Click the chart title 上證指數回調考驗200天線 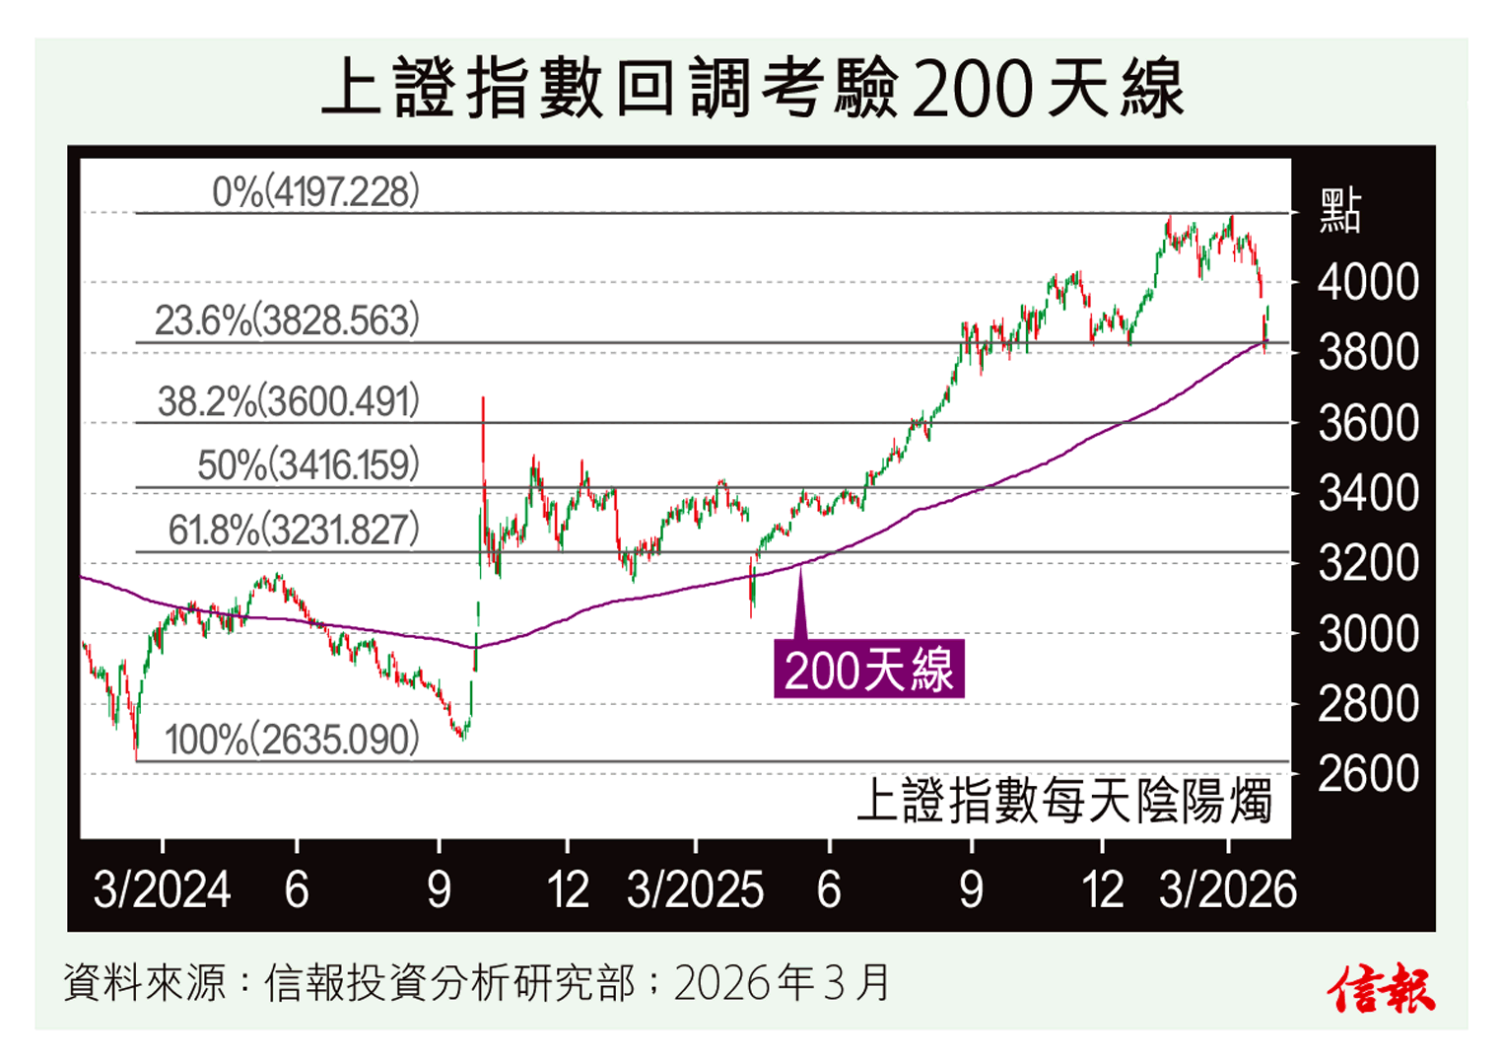(x=751, y=89)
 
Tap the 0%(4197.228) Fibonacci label (x=315, y=191)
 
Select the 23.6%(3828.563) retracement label (x=287, y=320)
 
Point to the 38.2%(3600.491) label (x=288, y=401)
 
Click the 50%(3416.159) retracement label (x=307, y=464)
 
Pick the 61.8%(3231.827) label (x=293, y=530)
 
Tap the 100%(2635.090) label (x=292, y=740)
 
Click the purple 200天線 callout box (x=868, y=671)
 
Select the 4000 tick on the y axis (x=1368, y=283)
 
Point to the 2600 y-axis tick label (x=1368, y=775)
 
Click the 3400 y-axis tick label (x=1368, y=493)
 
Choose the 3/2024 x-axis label (x=162, y=890)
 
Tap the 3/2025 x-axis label (x=695, y=890)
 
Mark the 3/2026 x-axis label (x=1227, y=890)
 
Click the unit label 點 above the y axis (x=1340, y=211)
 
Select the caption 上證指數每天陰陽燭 (x=1063, y=801)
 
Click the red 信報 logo (x=1382, y=989)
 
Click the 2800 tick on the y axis (x=1368, y=704)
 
